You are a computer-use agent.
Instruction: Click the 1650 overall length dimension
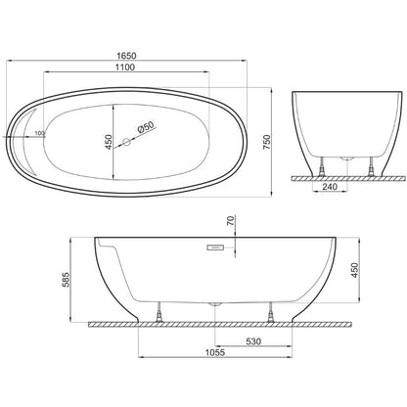click(x=126, y=56)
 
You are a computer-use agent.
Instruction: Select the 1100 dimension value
click(x=125, y=68)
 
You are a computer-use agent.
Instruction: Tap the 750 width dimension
click(x=266, y=142)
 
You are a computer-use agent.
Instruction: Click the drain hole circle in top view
click(x=126, y=142)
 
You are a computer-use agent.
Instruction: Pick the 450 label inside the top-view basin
click(x=109, y=142)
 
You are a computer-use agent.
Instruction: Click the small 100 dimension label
click(x=39, y=133)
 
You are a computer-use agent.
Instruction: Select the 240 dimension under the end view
click(x=330, y=187)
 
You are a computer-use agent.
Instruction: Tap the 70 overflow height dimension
click(x=230, y=221)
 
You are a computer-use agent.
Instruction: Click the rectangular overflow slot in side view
click(x=215, y=248)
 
